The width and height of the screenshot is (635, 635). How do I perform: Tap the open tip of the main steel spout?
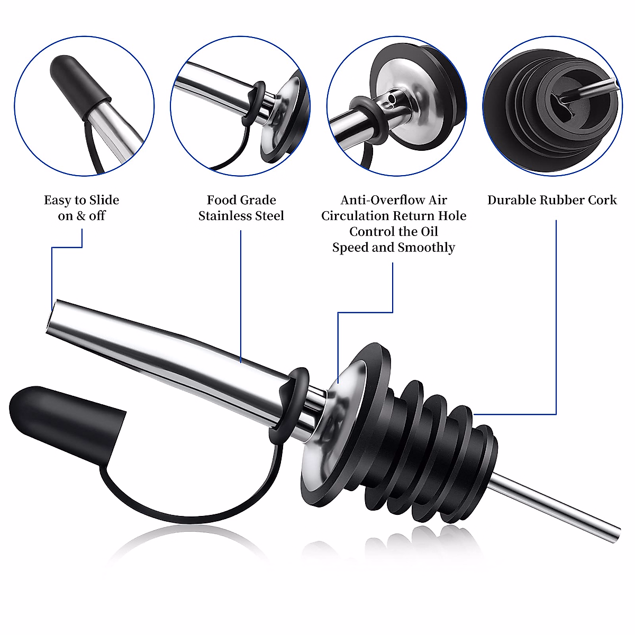(x=53, y=317)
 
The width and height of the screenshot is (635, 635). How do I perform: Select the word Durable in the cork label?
(x=512, y=200)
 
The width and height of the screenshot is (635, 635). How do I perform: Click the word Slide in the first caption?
(x=104, y=200)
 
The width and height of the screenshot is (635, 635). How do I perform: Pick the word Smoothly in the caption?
(x=426, y=248)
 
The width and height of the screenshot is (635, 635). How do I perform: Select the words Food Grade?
(x=241, y=200)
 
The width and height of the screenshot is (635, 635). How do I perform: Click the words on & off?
(x=81, y=216)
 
